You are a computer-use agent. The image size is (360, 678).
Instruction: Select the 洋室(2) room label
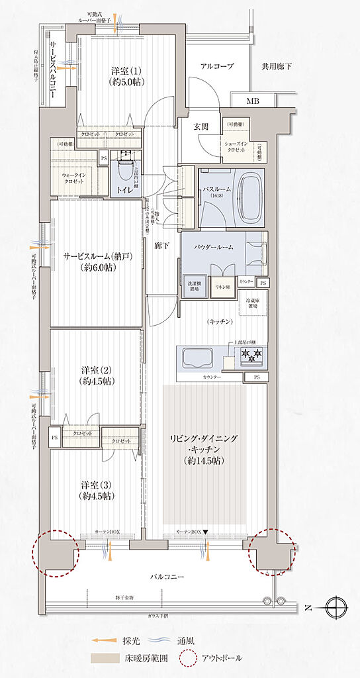pos(95,375)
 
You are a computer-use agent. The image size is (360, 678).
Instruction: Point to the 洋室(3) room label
pos(96,490)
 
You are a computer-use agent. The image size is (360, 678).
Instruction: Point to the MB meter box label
pos(253,101)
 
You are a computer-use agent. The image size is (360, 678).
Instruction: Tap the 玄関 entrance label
pos(201,126)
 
